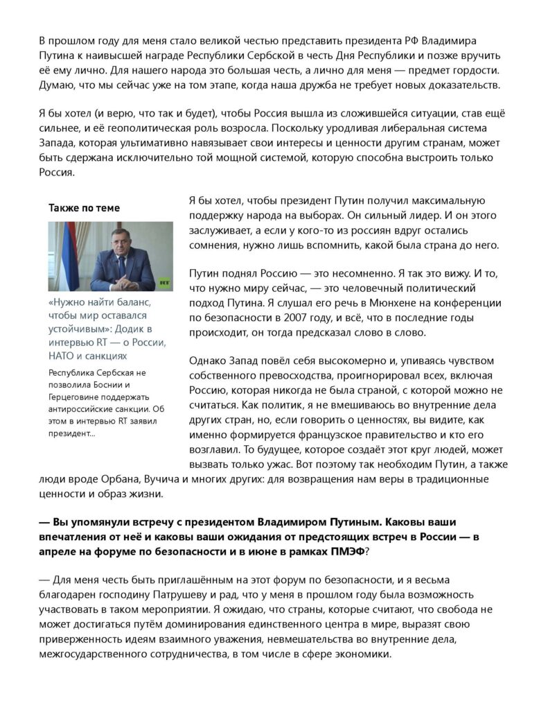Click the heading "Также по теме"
point(84,207)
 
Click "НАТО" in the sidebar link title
point(64,356)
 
